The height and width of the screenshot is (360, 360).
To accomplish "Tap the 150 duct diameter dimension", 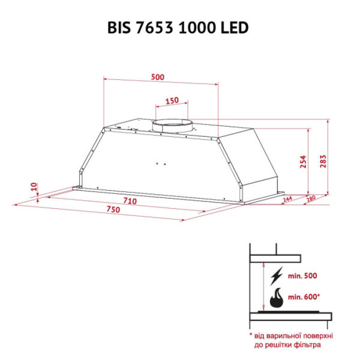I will [172, 100].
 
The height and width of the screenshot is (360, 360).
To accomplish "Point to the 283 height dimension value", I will [323, 161].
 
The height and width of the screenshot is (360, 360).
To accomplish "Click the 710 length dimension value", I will [130, 201].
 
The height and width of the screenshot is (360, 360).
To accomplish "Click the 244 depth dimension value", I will [287, 200].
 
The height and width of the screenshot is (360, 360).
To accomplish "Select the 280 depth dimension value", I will [311, 200].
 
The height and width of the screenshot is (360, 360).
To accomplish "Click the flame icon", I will [277, 297].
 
